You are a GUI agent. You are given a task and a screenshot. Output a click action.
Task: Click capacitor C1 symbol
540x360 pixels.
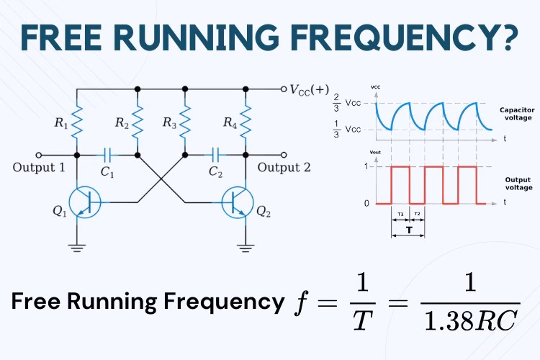pyautogui.click(x=107, y=154)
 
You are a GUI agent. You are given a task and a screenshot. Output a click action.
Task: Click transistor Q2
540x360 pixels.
pyautogui.click(x=238, y=202)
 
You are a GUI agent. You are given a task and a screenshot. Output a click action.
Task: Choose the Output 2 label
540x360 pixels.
pyautogui.click(x=284, y=168)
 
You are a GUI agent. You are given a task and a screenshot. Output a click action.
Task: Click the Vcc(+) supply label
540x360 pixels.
pyautogui.click(x=309, y=89)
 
